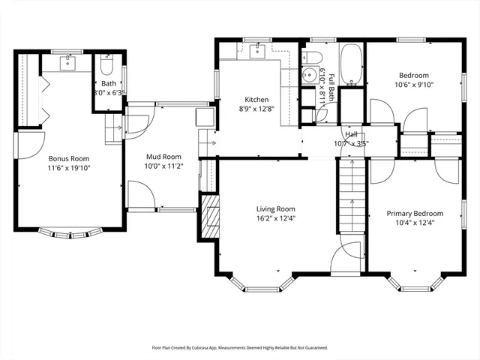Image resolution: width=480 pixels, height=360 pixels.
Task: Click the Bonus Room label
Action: (69, 159)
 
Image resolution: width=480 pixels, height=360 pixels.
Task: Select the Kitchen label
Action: (257, 100)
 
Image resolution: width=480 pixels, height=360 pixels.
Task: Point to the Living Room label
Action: (276, 209)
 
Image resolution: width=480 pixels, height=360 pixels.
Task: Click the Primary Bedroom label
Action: (415, 213)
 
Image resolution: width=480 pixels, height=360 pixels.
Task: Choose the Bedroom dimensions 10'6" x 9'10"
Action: (414, 85)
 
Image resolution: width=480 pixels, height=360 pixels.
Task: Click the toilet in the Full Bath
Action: (314, 58)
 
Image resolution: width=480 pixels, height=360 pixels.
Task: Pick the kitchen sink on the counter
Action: (259, 51)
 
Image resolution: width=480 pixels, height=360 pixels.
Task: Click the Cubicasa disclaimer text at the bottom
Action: (240, 348)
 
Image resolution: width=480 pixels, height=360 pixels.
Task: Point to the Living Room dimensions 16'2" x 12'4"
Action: (276, 220)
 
